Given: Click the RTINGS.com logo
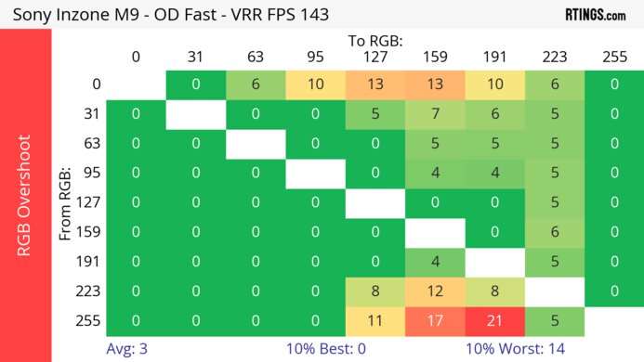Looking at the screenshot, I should point(595,15).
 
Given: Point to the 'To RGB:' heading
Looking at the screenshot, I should point(375,41).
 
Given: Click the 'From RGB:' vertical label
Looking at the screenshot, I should point(66,203).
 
